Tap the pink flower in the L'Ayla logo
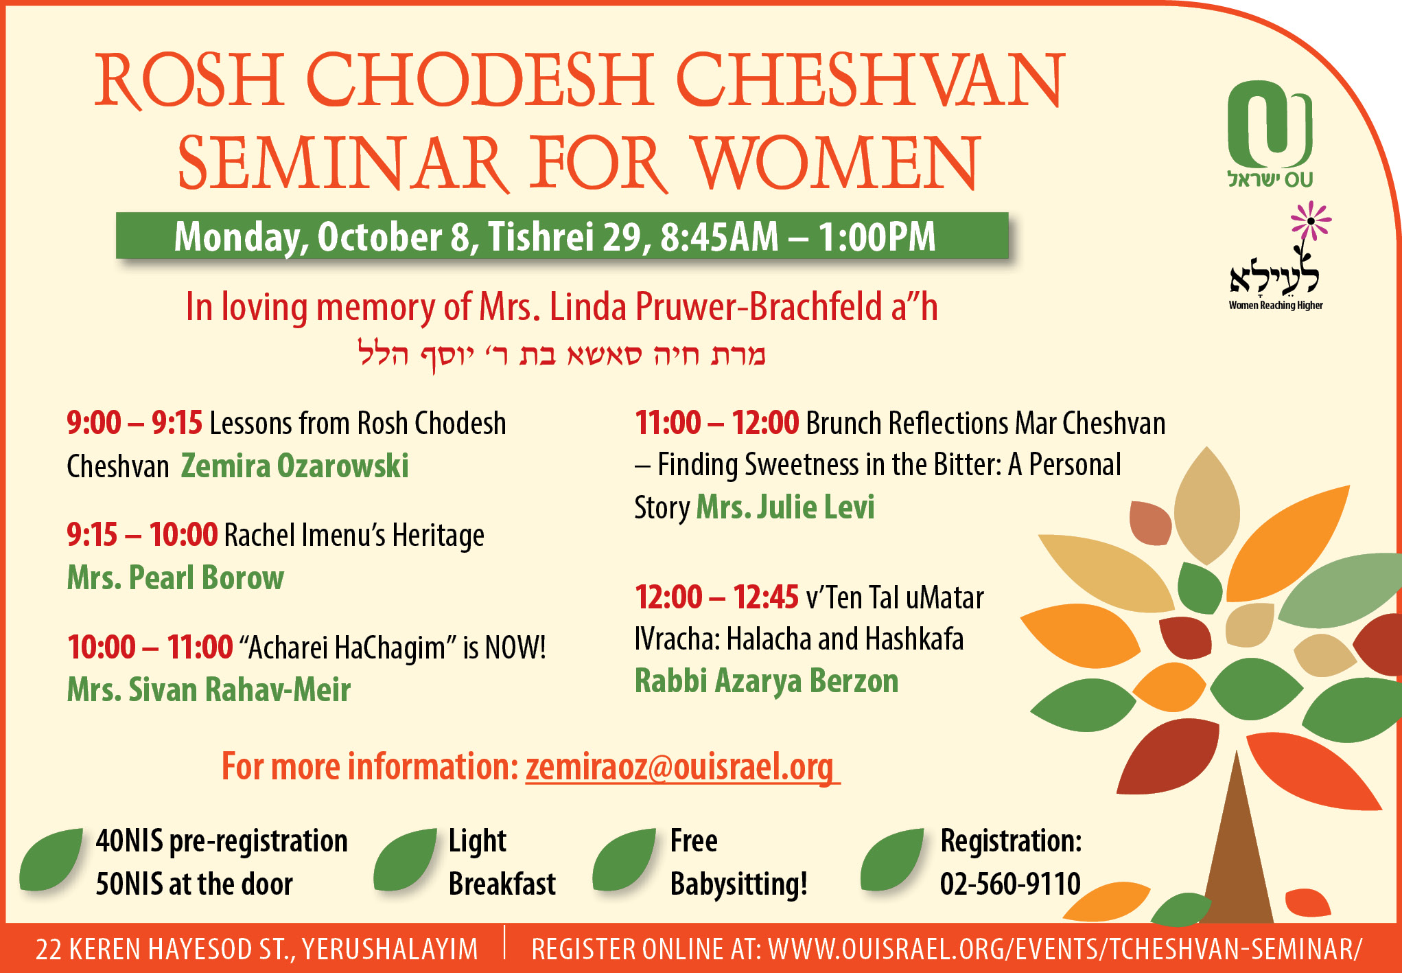(1310, 220)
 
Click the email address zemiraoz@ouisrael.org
(682, 766)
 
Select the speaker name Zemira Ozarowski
(294, 466)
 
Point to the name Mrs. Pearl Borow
(175, 577)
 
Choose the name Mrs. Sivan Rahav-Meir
(209, 689)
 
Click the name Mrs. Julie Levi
(785, 507)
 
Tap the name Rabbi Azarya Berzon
(767, 681)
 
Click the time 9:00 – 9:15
(135, 423)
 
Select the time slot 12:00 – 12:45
(716, 597)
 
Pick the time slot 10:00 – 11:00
(150, 647)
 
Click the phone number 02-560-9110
(1010, 884)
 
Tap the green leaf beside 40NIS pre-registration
(51, 860)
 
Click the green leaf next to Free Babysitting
(624, 860)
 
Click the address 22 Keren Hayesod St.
(256, 949)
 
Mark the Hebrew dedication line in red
(561, 354)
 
